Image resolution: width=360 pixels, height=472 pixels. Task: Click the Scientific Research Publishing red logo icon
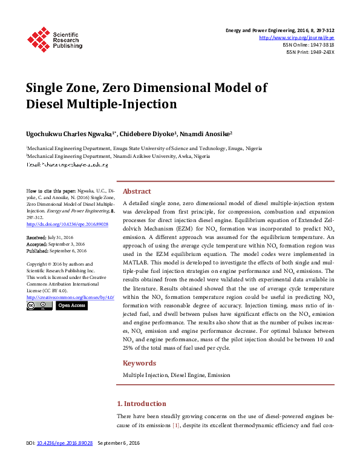[x=38, y=39]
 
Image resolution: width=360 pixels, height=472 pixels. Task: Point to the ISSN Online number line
[x=309, y=45]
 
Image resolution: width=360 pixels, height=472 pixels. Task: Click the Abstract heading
[x=137, y=191]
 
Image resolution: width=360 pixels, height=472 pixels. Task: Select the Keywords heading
[x=140, y=363]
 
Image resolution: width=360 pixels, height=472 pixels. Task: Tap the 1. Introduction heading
[x=141, y=404]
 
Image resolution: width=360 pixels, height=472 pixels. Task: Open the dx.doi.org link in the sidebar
[x=59, y=224]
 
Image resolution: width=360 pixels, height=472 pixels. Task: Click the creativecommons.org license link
[x=70, y=298]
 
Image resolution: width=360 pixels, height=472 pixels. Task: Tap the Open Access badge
[x=71, y=306]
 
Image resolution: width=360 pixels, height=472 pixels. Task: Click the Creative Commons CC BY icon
[x=39, y=306]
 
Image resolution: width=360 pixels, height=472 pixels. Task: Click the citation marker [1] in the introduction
[x=176, y=427]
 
